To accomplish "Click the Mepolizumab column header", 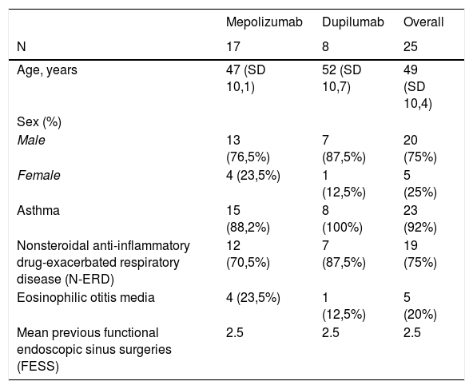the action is [x=264, y=22].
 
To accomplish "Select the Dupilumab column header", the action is [x=353, y=22].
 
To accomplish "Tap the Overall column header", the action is [x=423, y=22].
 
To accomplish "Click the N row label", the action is [x=22, y=47].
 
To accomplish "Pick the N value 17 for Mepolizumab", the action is [x=233, y=47].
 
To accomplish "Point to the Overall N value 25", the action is [x=410, y=47].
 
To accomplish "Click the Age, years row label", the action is [x=47, y=70].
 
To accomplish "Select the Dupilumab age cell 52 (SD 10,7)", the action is [x=341, y=78].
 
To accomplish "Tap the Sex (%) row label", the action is [x=39, y=122].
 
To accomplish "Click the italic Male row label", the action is [x=31, y=141].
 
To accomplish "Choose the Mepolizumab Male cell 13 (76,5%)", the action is [x=248, y=149].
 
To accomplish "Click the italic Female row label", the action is [x=38, y=175].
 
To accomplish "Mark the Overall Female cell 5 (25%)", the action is [x=420, y=184].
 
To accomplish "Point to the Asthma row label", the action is [x=38, y=211].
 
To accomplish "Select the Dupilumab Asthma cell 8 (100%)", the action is [x=343, y=219].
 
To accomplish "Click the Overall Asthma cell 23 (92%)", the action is [x=420, y=219].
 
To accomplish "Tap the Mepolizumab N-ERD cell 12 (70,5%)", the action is [x=248, y=254].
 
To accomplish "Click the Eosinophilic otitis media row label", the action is [x=86, y=298].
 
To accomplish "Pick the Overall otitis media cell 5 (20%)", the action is [x=420, y=306].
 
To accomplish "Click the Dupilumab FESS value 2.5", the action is [x=331, y=332].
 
